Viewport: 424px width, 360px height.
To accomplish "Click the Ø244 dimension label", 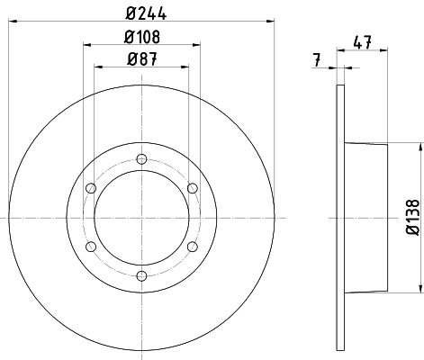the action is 146,13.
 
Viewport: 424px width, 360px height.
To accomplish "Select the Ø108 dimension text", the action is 142,37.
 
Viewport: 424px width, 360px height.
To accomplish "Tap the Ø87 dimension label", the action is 142,58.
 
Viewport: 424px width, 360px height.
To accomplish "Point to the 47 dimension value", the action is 363,42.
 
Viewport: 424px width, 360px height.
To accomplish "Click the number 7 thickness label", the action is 317,60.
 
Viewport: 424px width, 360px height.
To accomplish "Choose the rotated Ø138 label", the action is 412,217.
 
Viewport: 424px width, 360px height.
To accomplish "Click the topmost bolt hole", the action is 141,159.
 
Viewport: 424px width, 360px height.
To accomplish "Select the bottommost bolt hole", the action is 141,275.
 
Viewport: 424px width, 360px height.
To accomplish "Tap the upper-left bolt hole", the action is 91,188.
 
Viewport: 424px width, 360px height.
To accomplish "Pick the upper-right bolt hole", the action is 193,188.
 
